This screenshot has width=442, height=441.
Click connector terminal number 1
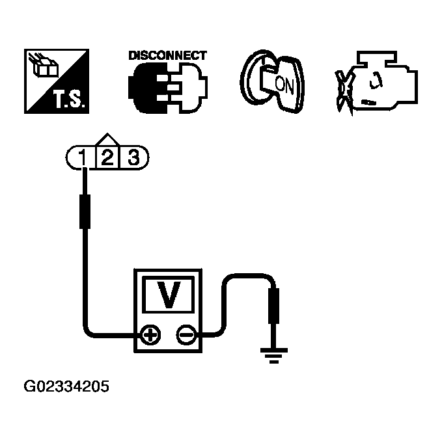[x=82, y=157]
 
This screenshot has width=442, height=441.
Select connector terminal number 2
[x=107, y=157]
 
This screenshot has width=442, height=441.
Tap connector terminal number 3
[x=133, y=157]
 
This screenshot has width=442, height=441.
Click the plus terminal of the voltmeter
[x=150, y=336]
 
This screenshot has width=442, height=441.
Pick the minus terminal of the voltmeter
[x=186, y=336]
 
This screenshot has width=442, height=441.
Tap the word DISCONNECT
[x=167, y=56]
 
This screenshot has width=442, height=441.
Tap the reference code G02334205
[x=66, y=387]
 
